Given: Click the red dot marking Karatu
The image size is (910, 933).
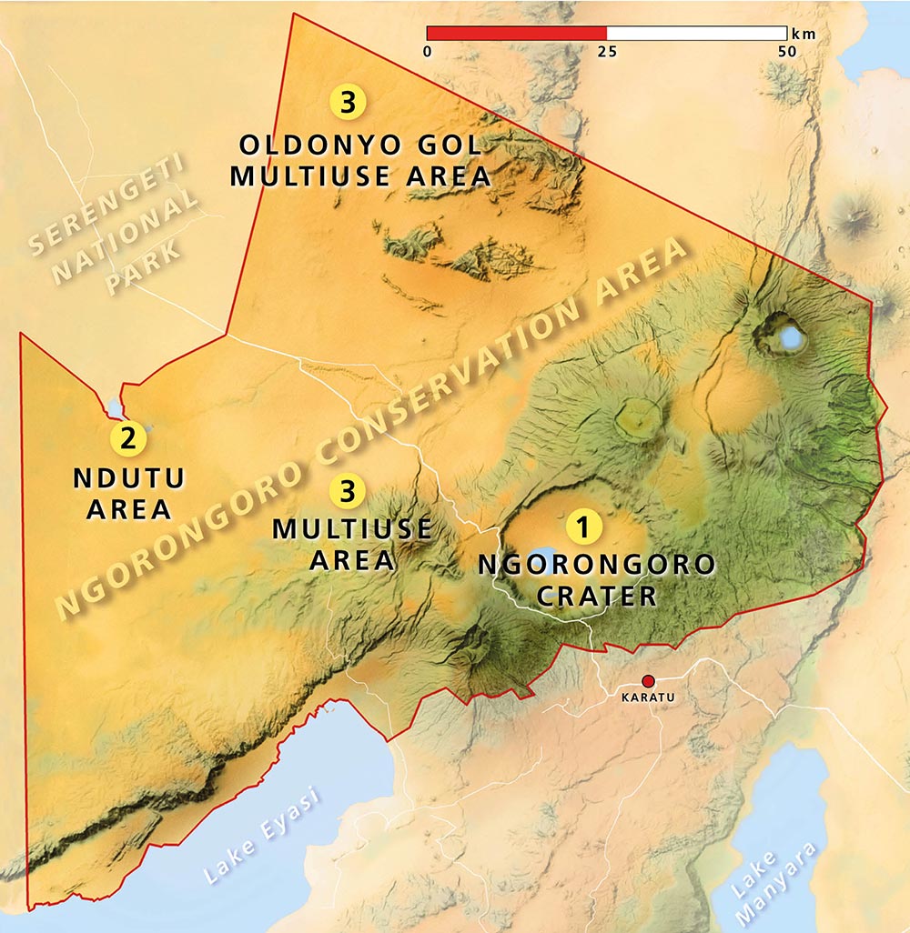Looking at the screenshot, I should pyautogui.click(x=648, y=681).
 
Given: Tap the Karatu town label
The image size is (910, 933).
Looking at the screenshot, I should pyautogui.click(x=648, y=698).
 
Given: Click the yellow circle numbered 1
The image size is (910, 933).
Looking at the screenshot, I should pyautogui.click(x=583, y=527).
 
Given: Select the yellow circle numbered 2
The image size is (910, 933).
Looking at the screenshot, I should pyautogui.click(x=127, y=438).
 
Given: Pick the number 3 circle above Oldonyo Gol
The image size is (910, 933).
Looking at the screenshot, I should pyautogui.click(x=348, y=102).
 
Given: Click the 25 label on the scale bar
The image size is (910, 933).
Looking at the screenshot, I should pyautogui.click(x=607, y=52).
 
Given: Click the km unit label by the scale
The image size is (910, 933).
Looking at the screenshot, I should pyautogui.click(x=804, y=34).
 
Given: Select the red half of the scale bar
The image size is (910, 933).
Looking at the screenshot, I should pyautogui.click(x=516, y=34).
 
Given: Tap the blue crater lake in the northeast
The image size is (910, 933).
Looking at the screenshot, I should pyautogui.click(x=792, y=338).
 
